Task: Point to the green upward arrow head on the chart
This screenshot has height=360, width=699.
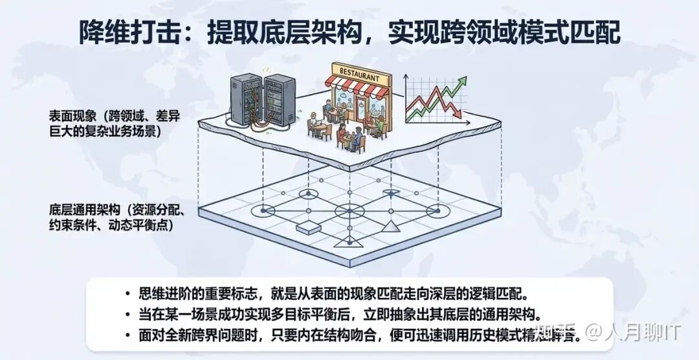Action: coord(461,80)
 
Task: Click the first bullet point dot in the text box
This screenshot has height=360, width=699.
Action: coord(128,293)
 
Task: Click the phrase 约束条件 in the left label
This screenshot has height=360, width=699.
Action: coord(72,225)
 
